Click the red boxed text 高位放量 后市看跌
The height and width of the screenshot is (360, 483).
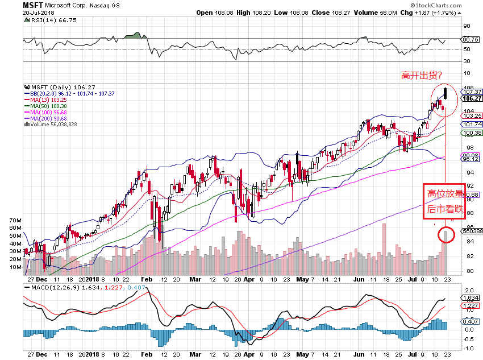[x=445, y=201]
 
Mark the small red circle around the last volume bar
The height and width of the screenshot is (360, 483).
[x=445, y=234]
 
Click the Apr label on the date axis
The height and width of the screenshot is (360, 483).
[x=249, y=280]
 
